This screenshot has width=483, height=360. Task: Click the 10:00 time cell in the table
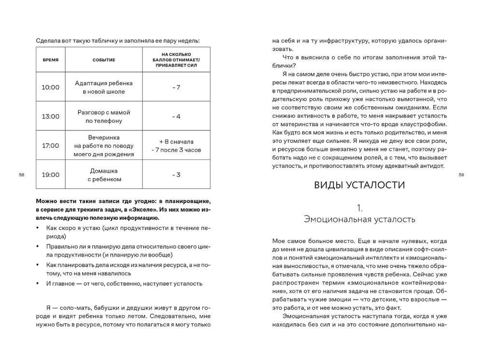point(50,87)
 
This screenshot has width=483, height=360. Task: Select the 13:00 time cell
point(50,116)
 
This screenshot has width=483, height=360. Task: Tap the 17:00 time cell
point(50,145)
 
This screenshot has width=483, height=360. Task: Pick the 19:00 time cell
point(50,174)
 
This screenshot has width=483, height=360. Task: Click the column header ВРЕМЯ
point(50,60)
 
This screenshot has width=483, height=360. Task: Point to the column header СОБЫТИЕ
point(103,60)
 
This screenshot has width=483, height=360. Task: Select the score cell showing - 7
point(176,87)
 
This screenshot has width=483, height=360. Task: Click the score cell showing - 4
point(176,116)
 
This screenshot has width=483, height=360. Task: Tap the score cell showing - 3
point(176,174)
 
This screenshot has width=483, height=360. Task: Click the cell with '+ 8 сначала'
point(176,142)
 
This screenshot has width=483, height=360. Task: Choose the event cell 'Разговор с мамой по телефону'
point(103,116)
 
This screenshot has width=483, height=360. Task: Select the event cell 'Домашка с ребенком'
point(103,174)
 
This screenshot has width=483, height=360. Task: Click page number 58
point(21,174)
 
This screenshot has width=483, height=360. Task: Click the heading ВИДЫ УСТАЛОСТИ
point(359,185)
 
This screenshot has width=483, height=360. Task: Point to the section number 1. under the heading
point(359,208)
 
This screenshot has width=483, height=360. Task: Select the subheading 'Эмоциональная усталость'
point(359,219)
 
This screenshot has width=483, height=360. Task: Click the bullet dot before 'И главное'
point(38,284)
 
